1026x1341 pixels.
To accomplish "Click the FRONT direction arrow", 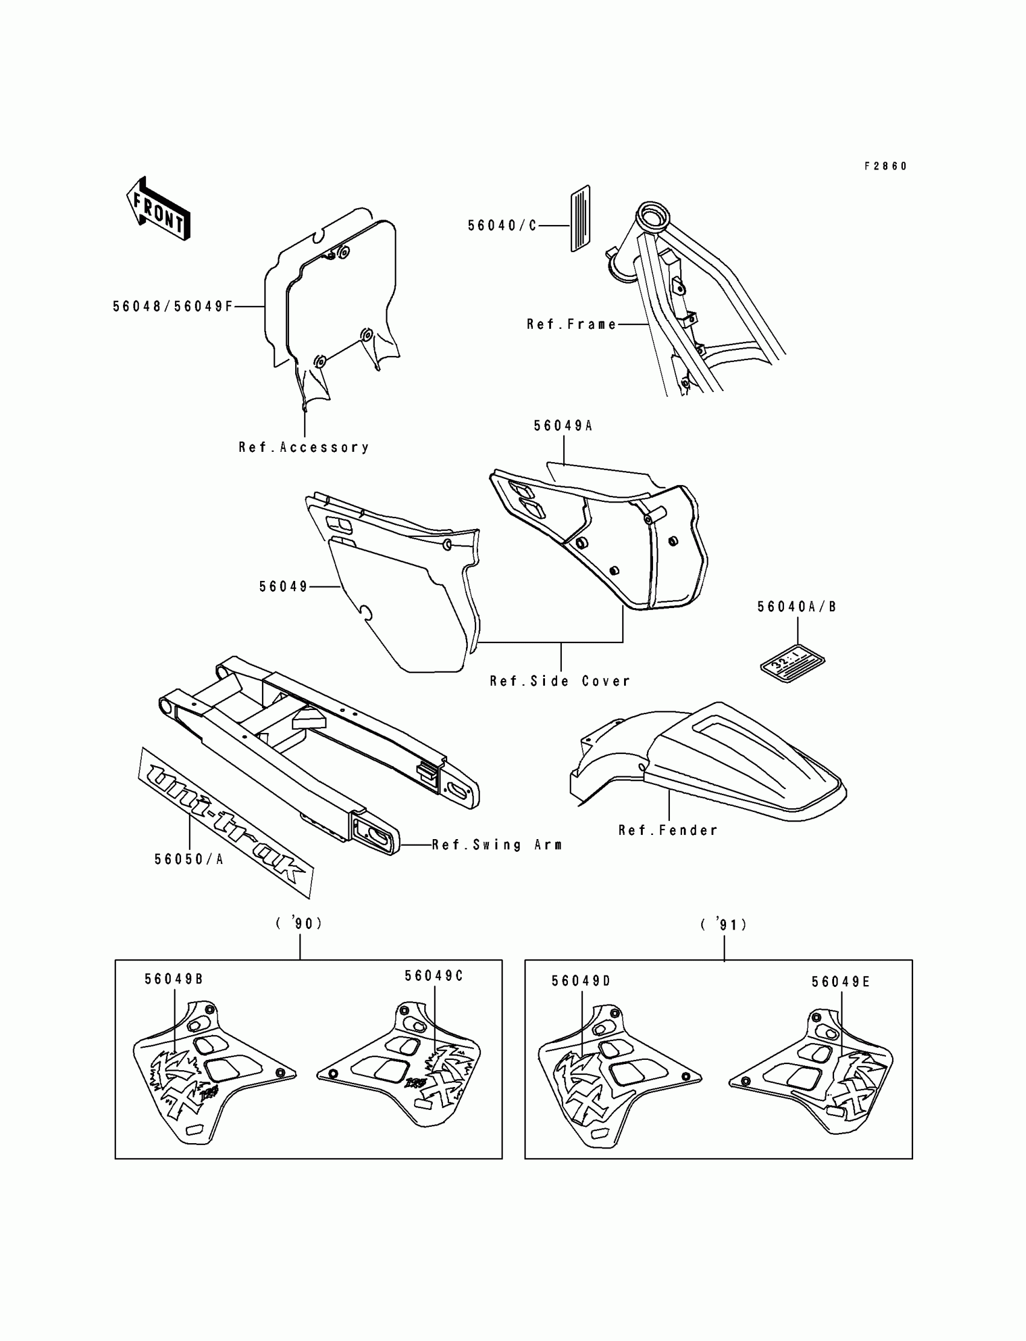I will coord(158,209).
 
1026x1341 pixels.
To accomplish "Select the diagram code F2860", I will coord(885,166).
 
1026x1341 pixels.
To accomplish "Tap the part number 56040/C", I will coord(502,226).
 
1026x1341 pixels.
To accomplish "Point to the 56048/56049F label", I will coord(173,306).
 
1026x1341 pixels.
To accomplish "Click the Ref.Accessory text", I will coord(304,448).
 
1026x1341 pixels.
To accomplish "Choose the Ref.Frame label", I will coord(572,324).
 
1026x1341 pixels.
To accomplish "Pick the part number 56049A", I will coord(563,426).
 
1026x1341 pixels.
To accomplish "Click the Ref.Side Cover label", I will coord(560,681).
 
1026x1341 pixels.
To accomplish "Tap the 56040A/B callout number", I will coord(797,607).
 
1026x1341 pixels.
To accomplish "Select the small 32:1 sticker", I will coord(792,662).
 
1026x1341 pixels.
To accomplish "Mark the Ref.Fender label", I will coord(668,830).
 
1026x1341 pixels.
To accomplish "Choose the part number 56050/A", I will coord(189,860).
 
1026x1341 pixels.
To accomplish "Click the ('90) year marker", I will coord(299,924).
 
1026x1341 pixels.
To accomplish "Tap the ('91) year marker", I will coord(724,925).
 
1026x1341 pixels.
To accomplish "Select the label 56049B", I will coord(173,979).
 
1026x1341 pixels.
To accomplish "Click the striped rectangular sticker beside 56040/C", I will coord(580,218).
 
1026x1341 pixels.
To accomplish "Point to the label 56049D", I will coord(581,981).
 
